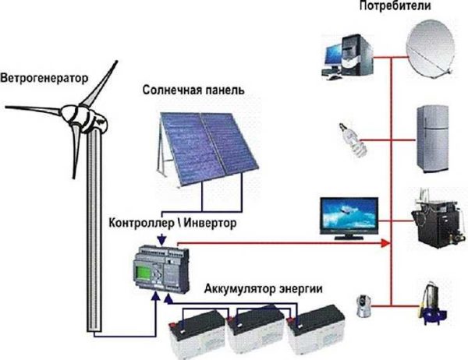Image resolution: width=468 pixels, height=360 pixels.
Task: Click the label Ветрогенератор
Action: click(x=44, y=78)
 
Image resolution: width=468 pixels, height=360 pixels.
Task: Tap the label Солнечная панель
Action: click(x=193, y=90)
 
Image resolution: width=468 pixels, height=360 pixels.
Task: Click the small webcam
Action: click(x=363, y=305)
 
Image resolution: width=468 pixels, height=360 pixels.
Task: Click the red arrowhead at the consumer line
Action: click(x=385, y=244)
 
